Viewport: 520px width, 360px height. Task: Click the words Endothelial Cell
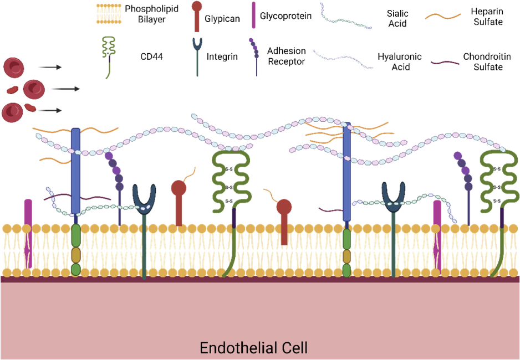click(254, 347)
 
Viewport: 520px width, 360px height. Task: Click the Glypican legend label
click(222, 18)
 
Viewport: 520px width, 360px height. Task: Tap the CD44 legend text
click(151, 56)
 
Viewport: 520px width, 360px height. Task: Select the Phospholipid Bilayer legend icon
click(109, 14)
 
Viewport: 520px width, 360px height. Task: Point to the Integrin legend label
click(222, 56)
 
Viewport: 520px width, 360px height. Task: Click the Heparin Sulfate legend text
click(487, 17)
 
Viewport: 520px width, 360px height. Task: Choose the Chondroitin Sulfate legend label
click(487, 61)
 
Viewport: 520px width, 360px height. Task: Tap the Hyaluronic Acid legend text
click(400, 61)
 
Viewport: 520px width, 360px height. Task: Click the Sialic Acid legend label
click(397, 18)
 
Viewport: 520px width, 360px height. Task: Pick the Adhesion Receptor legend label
click(287, 56)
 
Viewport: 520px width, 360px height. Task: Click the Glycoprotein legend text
click(286, 16)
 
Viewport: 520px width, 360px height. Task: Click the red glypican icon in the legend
click(197, 16)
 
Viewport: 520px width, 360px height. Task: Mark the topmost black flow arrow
click(50, 67)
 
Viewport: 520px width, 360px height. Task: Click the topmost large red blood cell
click(14, 67)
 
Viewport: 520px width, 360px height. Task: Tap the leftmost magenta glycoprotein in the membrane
click(28, 234)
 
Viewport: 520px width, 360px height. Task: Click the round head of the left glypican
click(179, 188)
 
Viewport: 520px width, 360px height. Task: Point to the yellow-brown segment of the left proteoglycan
click(76, 255)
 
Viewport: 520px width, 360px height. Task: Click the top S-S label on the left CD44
click(228, 169)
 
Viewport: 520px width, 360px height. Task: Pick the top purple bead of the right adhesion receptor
click(458, 156)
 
